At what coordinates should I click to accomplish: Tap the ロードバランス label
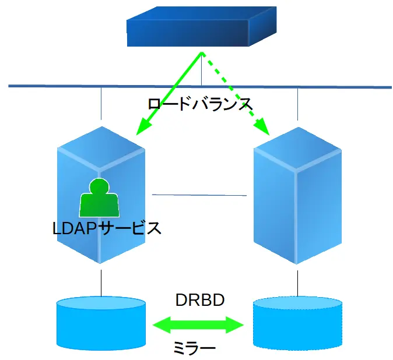[x=199, y=104]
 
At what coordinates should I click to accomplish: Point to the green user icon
[x=99, y=199]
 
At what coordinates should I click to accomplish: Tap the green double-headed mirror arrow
[x=198, y=324]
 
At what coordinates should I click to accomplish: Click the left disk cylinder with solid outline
[x=101, y=323]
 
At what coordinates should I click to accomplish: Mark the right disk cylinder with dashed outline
[x=297, y=324]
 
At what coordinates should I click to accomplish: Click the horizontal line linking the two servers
[x=198, y=195]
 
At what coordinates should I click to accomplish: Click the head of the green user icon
[x=99, y=186]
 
